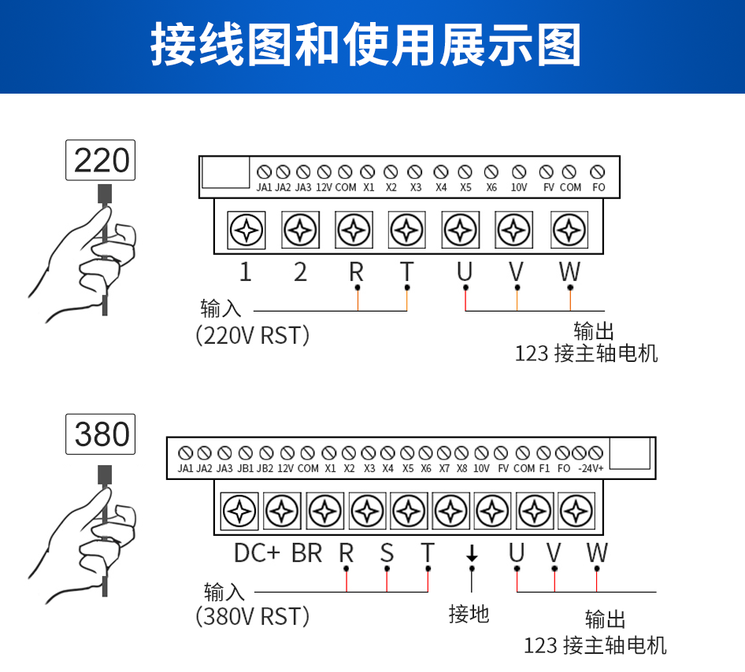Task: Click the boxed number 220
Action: tap(102, 160)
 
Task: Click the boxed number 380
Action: tap(102, 434)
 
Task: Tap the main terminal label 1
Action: tap(245, 272)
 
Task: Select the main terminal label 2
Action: tap(300, 272)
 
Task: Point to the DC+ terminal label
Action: tap(257, 553)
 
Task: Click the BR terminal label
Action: tap(306, 553)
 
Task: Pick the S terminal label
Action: tap(387, 553)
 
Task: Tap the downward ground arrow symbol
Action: tap(472, 553)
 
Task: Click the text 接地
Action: tap(469, 614)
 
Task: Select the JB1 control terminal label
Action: tap(245, 468)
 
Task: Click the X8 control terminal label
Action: tap(461, 468)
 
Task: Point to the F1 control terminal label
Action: tap(544, 468)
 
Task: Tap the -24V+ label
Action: tap(591, 468)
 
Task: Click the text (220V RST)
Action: tap(252, 335)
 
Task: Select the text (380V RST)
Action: tap(252, 616)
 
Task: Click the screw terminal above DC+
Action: tap(239, 511)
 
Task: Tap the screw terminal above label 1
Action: tap(246, 231)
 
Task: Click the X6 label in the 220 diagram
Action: tap(491, 187)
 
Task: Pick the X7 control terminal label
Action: tap(444, 468)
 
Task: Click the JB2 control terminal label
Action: tap(265, 468)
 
